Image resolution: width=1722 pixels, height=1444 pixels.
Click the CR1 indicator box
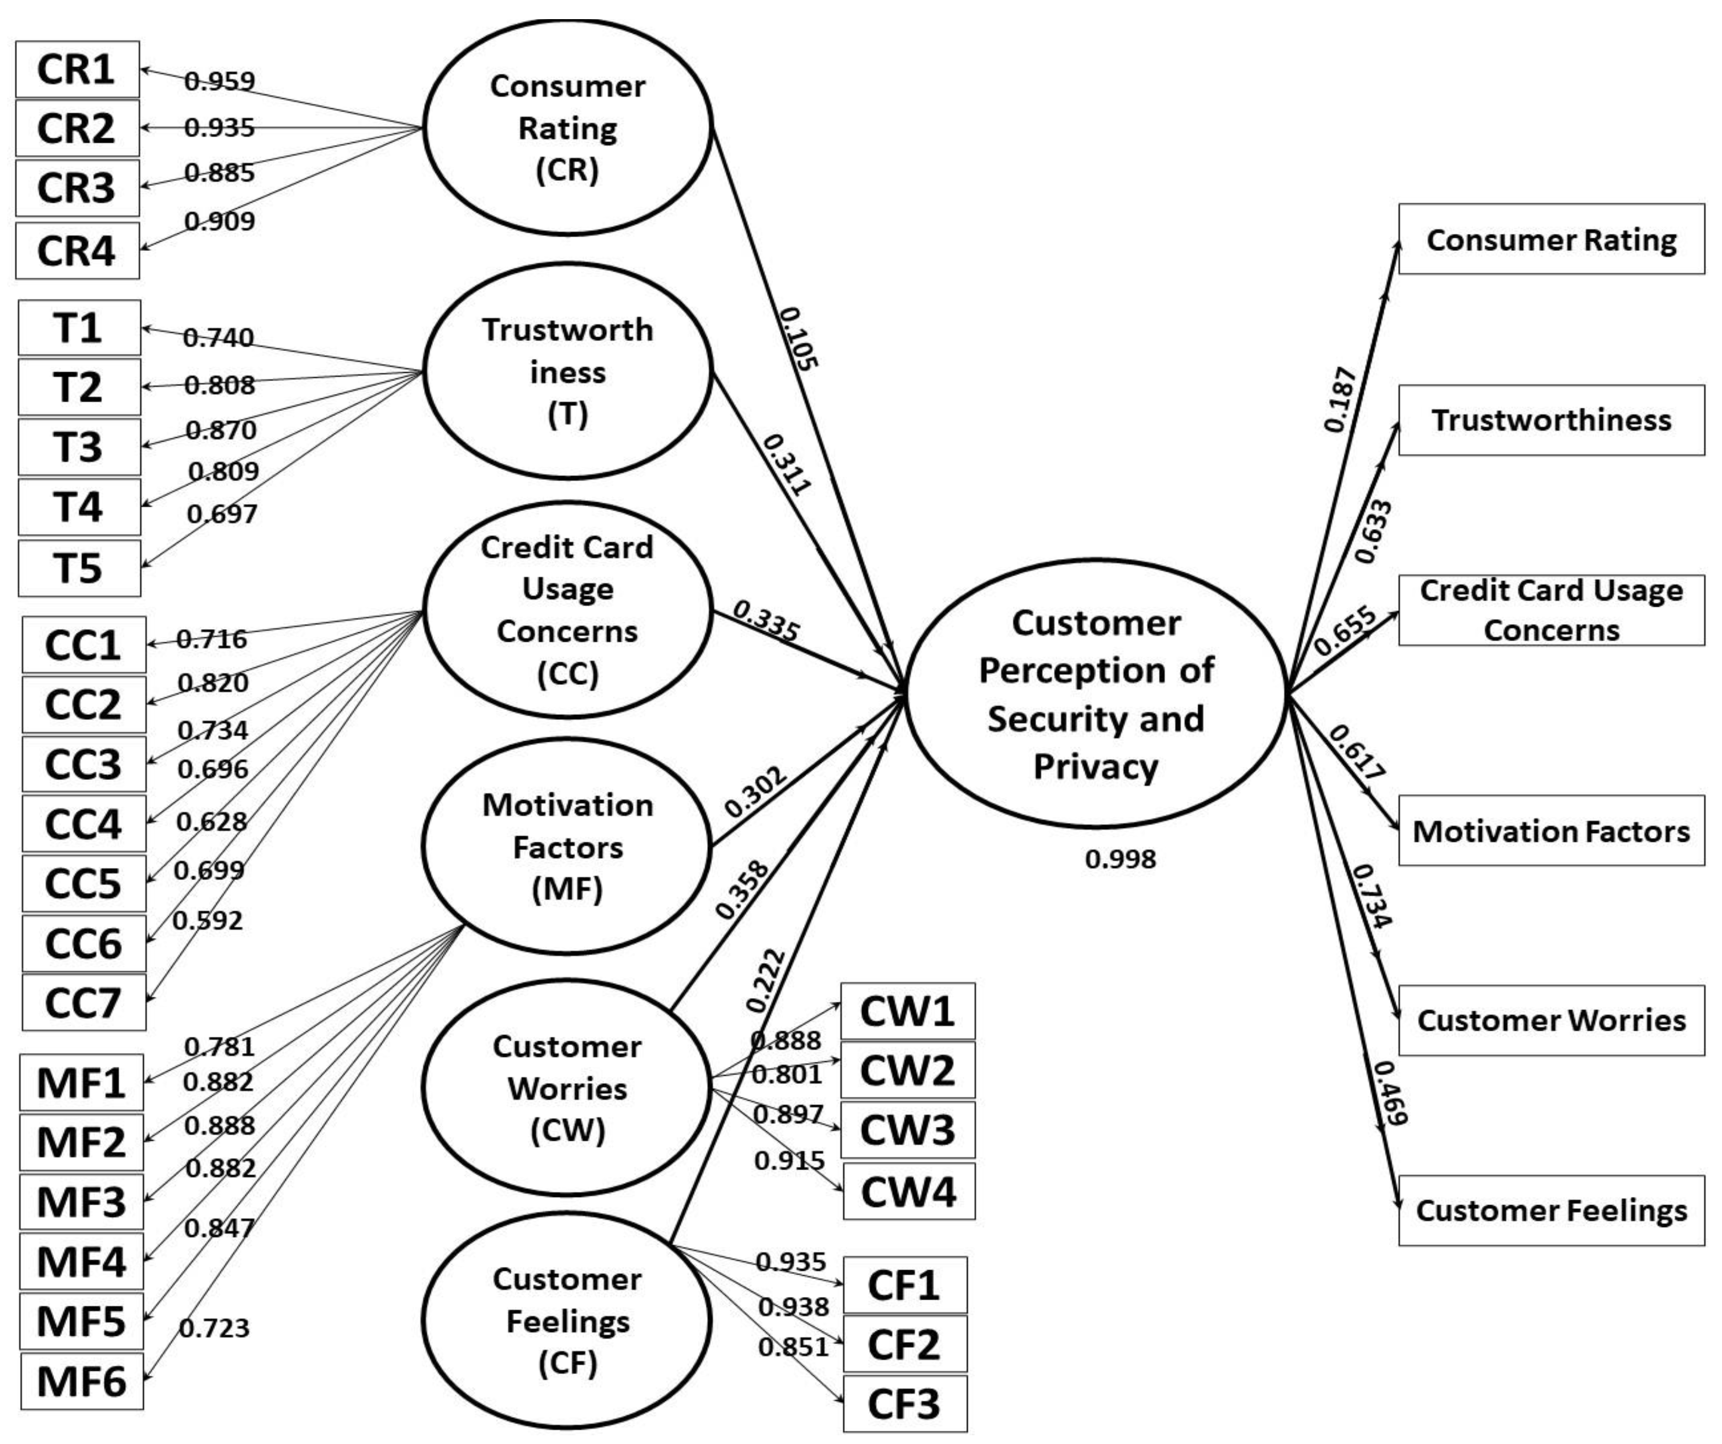(x=77, y=69)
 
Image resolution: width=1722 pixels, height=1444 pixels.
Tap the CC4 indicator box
(x=84, y=823)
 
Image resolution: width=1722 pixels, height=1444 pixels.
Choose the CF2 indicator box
(x=904, y=1345)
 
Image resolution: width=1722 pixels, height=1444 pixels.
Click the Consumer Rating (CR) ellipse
(x=567, y=128)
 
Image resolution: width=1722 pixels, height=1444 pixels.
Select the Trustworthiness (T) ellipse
(x=567, y=372)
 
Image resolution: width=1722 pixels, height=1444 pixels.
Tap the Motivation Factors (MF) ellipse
(x=567, y=846)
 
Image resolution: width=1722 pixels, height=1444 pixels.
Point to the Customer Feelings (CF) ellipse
(x=567, y=1320)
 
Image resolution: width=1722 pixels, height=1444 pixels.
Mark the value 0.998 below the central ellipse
(x=1120, y=859)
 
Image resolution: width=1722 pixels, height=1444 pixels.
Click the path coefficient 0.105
(x=798, y=338)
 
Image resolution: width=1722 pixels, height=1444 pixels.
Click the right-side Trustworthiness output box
(x=1550, y=420)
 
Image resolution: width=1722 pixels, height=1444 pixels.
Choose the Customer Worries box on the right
(x=1550, y=1020)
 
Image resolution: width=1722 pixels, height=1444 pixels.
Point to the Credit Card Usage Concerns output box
(x=1550, y=610)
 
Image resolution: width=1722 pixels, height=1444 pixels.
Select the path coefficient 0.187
(x=1340, y=400)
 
